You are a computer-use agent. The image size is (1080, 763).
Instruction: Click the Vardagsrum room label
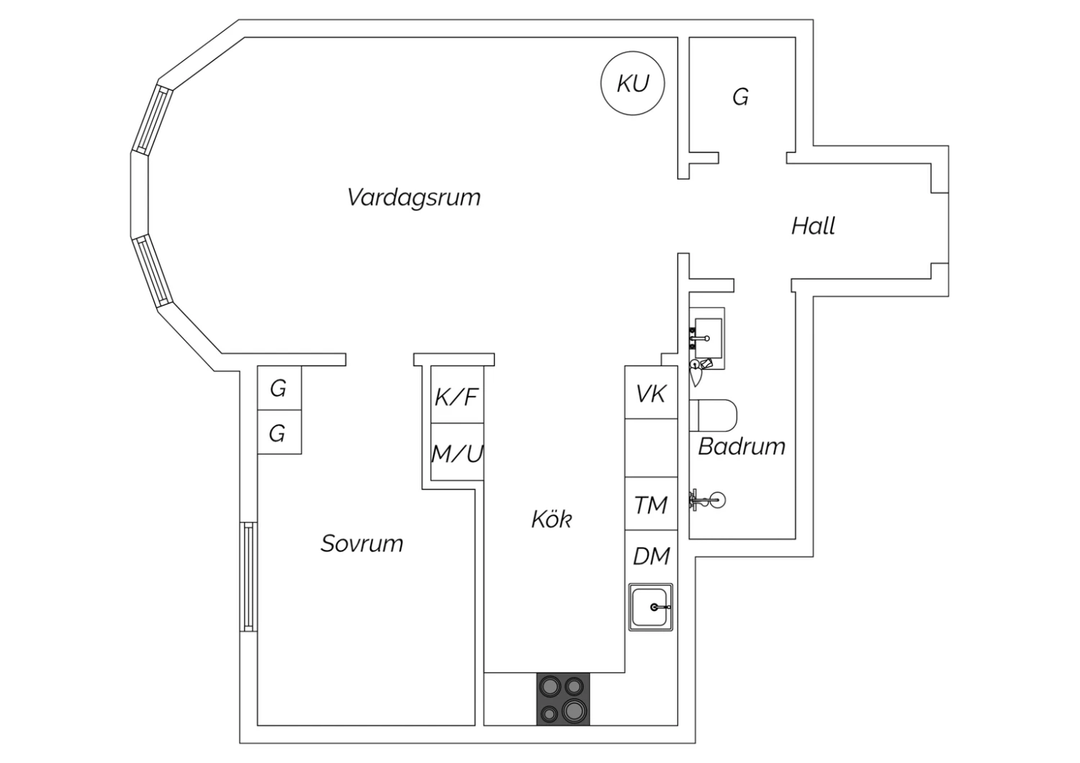tap(413, 197)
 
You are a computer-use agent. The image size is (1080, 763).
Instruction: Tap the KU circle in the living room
tap(632, 83)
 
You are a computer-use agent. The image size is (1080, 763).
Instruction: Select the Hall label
tap(813, 226)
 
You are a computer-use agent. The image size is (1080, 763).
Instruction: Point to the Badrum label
tap(742, 446)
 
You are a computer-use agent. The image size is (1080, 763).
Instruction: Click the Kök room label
tap(552, 519)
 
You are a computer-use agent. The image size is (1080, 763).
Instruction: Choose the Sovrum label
tap(361, 543)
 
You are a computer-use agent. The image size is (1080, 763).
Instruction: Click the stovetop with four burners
tap(563, 699)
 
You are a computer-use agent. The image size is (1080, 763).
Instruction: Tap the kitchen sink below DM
tap(651, 607)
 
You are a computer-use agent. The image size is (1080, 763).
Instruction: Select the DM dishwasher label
tap(651, 556)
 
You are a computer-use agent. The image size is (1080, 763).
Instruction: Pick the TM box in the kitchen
tap(651, 505)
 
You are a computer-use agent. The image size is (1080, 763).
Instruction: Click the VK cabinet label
tap(651, 393)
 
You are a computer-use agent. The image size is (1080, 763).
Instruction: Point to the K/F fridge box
tap(456, 396)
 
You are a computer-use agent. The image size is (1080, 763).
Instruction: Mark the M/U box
tap(456, 453)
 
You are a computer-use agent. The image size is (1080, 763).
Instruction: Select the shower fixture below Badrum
tap(710, 500)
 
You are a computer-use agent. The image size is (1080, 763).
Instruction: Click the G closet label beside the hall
tap(740, 96)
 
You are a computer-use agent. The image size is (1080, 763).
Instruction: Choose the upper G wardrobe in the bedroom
tap(279, 389)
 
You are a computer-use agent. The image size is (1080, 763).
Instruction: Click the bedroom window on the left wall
tap(248, 577)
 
